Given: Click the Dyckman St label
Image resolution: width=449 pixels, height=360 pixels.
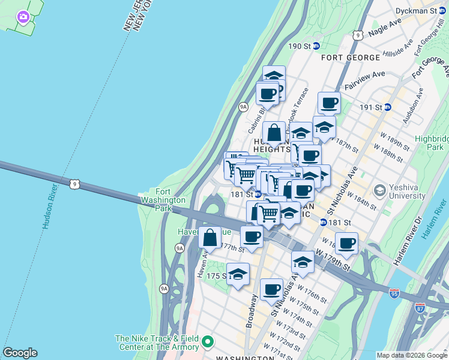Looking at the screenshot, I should pyautogui.click(x=420, y=11).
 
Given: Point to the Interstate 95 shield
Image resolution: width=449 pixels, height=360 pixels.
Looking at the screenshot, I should pyautogui.click(x=394, y=293).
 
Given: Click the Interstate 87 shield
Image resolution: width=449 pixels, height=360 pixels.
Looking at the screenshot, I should pyautogui.click(x=420, y=307).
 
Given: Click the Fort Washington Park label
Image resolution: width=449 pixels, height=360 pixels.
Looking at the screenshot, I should pyautogui.click(x=163, y=200).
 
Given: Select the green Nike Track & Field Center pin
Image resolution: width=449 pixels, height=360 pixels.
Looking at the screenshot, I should pyautogui.click(x=208, y=343).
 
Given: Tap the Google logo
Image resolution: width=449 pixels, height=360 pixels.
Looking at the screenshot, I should pyautogui.click(x=20, y=353).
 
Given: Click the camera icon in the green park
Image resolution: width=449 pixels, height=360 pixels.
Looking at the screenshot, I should pyautogui.click(x=23, y=17).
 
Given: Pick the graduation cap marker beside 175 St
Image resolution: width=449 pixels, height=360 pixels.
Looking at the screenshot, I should pyautogui.click(x=238, y=274).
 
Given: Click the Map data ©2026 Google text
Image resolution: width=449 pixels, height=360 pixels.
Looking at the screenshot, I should pyautogui.click(x=412, y=355).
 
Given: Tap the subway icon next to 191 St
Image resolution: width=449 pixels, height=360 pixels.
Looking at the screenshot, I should pyautogui.click(x=388, y=107).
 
